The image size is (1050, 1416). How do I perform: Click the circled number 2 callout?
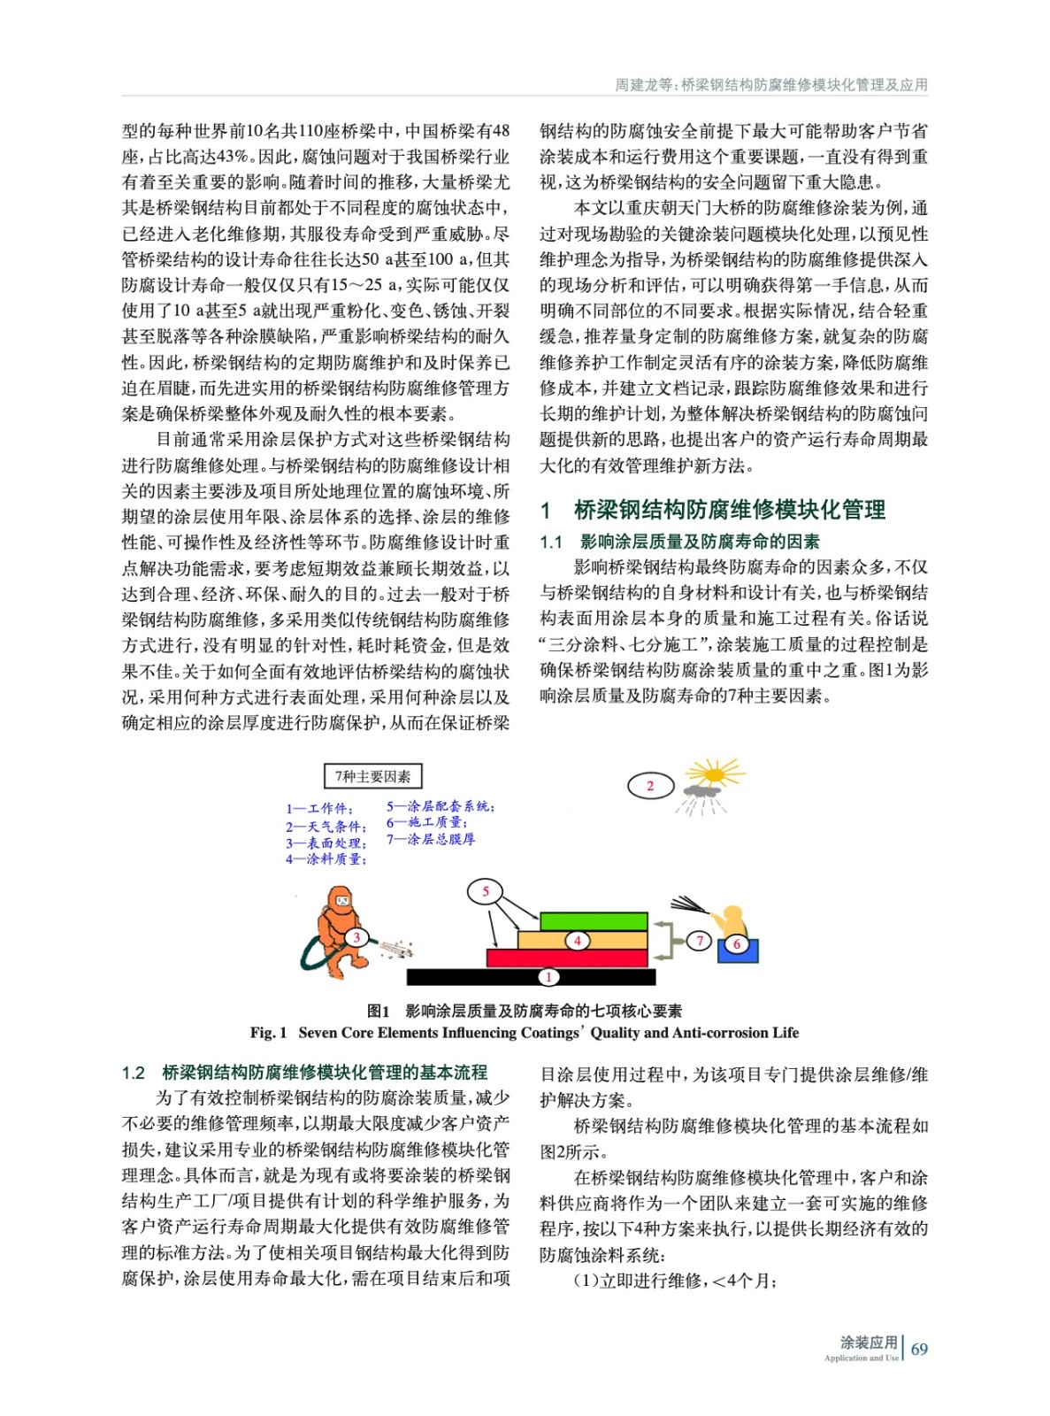tap(650, 785)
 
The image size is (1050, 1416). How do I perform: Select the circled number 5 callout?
tap(485, 891)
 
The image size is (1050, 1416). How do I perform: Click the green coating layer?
tap(594, 920)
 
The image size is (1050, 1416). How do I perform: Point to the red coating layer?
tap(567, 958)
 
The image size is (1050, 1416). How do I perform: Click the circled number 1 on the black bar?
tap(548, 977)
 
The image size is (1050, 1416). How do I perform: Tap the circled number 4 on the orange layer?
tap(577, 940)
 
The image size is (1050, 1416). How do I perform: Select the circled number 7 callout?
tap(700, 940)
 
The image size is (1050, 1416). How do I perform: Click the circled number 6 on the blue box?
tap(736, 944)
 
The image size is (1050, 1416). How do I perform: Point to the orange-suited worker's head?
tap(340, 900)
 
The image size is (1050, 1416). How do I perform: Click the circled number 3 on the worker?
tap(356, 937)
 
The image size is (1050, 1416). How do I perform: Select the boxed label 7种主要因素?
tap(372, 776)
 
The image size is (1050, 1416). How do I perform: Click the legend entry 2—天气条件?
tap(325, 826)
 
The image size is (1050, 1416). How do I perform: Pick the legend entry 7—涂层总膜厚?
tap(431, 839)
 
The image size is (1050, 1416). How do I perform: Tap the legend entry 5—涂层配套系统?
tap(440, 806)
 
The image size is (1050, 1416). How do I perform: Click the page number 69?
tap(919, 1349)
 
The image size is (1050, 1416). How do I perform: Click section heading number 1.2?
tap(134, 1074)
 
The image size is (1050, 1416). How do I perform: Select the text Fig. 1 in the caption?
tap(269, 1033)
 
